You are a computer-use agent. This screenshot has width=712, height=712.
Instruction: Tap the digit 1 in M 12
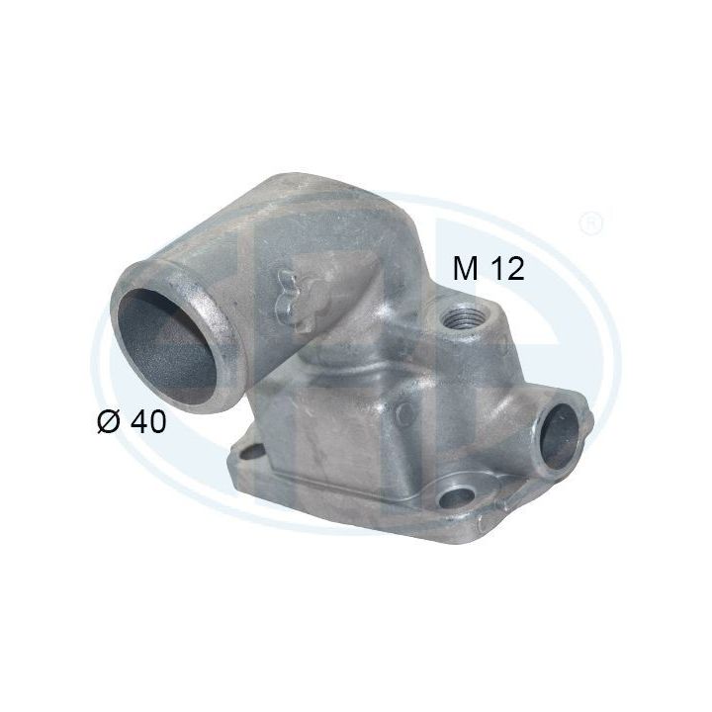coord(499,268)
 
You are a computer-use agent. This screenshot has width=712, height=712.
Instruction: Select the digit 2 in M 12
coord(515,268)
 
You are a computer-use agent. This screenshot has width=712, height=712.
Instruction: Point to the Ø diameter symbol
coord(109,422)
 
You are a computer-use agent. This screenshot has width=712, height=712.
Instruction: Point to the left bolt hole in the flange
coord(246,453)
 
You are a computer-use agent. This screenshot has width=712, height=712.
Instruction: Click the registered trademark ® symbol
coord(590,220)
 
